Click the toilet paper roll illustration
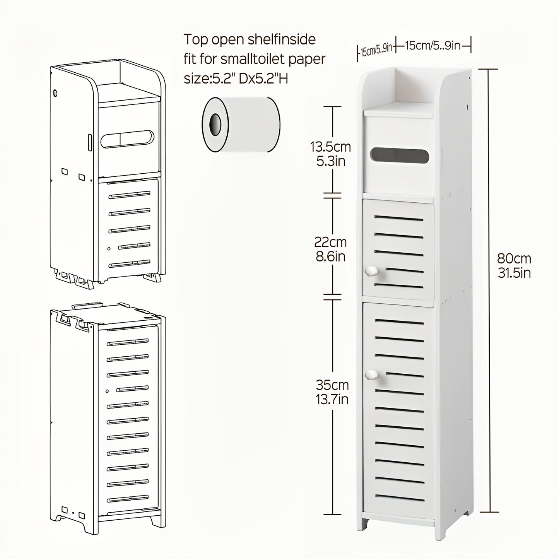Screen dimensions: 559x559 241,125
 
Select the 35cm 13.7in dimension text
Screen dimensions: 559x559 332,391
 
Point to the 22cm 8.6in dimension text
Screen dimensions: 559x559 330,249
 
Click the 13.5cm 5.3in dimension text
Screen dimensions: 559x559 330,154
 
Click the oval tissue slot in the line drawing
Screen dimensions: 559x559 127,139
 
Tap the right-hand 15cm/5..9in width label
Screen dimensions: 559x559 433,46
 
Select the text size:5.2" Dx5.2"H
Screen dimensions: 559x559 236,79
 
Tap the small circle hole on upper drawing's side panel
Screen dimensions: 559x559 55,93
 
